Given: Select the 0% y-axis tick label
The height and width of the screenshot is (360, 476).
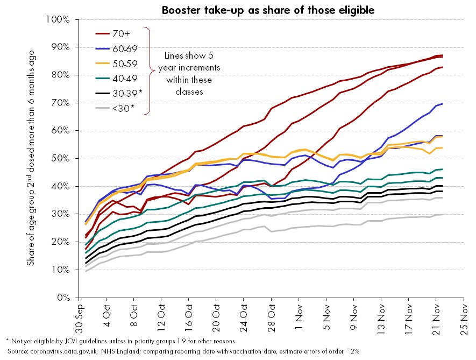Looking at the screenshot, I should click(x=64, y=297).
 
